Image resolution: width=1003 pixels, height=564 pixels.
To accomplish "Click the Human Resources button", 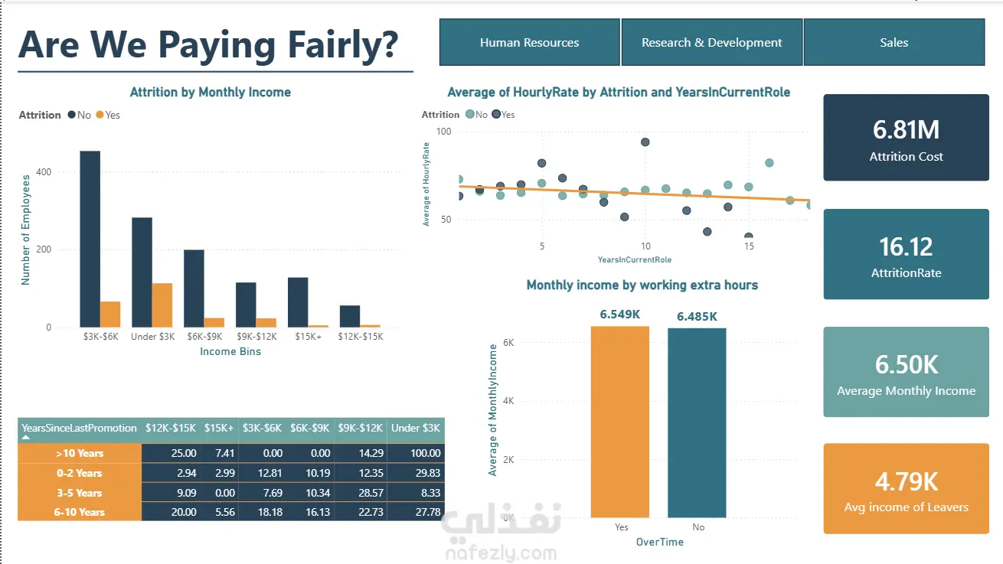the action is point(529,43).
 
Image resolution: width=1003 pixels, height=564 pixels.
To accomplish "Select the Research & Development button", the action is point(711,43).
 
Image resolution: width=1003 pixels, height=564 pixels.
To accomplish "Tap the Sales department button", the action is point(894,43).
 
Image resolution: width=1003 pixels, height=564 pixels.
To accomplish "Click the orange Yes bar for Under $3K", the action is point(162,305).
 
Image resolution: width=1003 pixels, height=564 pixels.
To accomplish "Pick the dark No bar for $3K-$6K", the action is point(90,239).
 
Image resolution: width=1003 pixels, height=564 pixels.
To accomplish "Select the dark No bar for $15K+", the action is point(298,302).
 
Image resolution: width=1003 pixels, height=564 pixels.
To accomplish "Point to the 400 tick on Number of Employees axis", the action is point(44,172).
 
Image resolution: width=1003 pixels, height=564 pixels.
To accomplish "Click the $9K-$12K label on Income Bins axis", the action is point(256,337).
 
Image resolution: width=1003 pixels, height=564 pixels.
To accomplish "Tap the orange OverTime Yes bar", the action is point(619,422).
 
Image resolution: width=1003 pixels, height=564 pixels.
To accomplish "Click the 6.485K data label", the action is point(697,317).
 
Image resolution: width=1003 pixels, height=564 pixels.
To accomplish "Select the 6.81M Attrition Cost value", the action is point(906,130).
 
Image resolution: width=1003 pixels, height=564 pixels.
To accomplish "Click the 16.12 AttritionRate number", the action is point(906,247).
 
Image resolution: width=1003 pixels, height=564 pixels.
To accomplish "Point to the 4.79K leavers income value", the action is point(907,481).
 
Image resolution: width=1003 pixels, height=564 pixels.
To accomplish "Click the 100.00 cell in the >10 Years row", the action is point(426,453).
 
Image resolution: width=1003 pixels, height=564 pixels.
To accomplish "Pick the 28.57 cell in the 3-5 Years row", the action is point(371,493).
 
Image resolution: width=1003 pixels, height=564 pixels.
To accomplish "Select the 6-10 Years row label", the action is point(80,512).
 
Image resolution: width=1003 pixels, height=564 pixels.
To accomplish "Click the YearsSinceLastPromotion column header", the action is point(80,428).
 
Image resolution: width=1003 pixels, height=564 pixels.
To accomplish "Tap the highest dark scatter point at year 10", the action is point(645,142).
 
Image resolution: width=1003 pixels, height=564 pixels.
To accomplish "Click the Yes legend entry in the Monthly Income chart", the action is point(108,115).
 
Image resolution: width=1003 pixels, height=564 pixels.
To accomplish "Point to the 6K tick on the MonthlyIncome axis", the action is point(508,343).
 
